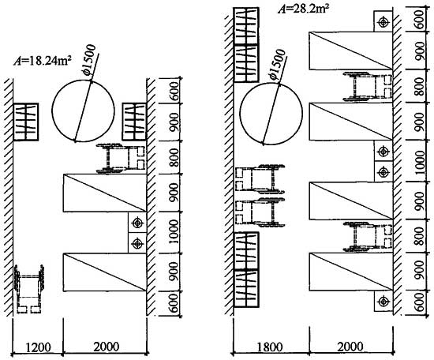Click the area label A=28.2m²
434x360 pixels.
pyautogui.click(x=304, y=9)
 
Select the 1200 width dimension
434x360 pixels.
pyautogui.click(x=38, y=347)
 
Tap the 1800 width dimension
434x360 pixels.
pyautogui.click(x=270, y=347)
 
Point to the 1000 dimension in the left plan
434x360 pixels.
pyautogui.click(x=174, y=232)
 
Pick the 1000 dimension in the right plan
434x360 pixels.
pyautogui.click(x=420, y=163)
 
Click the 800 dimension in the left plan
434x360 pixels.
pyautogui.click(x=174, y=158)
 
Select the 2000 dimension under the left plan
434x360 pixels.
pyautogui.click(x=107, y=347)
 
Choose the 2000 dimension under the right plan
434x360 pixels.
pyautogui.click(x=350, y=347)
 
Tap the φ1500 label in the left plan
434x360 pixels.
pyautogui.click(x=90, y=59)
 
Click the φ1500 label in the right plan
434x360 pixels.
pyautogui.click(x=277, y=64)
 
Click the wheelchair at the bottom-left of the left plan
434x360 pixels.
pyautogui.click(x=28, y=289)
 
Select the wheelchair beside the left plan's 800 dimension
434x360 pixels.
pyautogui.click(x=121, y=159)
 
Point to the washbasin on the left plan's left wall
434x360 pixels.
pyautogui.click(x=26, y=122)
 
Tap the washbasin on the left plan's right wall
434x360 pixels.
pyautogui.click(x=134, y=122)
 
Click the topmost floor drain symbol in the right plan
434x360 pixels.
pyautogui.click(x=383, y=22)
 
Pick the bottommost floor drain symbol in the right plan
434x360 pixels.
pyautogui.click(x=383, y=301)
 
